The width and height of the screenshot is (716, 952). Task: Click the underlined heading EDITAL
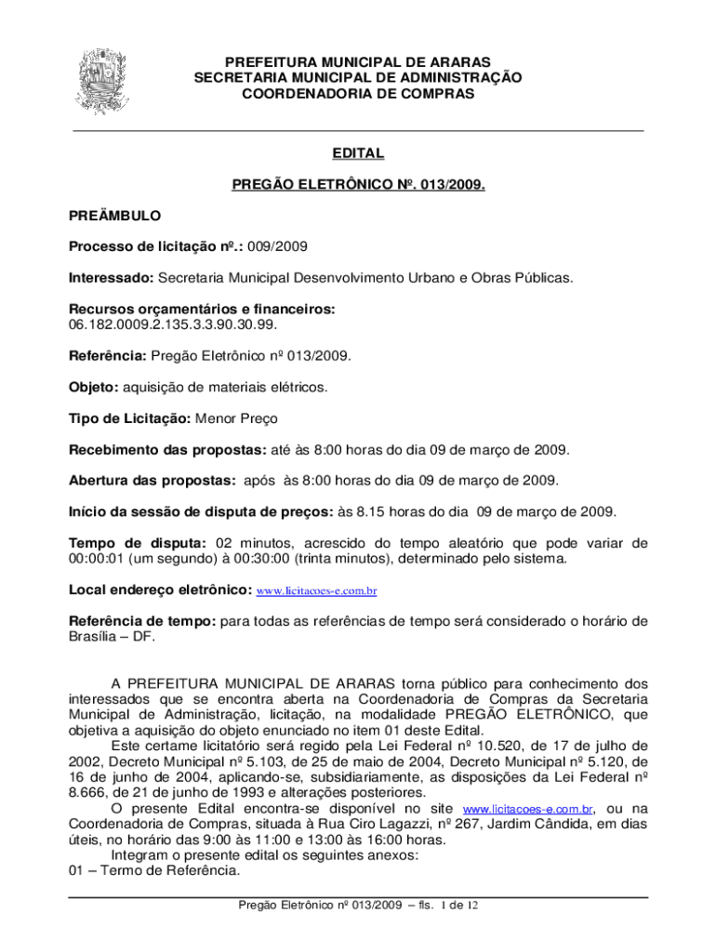(358, 153)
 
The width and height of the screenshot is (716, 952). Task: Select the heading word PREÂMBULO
(115, 216)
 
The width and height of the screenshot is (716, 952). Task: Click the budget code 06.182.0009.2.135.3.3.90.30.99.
(173, 324)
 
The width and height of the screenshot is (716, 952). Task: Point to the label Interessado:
(111, 277)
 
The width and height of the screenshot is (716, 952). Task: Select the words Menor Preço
(236, 418)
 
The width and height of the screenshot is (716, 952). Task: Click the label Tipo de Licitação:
(130, 418)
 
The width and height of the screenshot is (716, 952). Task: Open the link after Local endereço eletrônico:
(316, 590)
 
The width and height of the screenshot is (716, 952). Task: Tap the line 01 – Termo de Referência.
(154, 871)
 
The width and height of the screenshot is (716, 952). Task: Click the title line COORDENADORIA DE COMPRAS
(358, 94)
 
